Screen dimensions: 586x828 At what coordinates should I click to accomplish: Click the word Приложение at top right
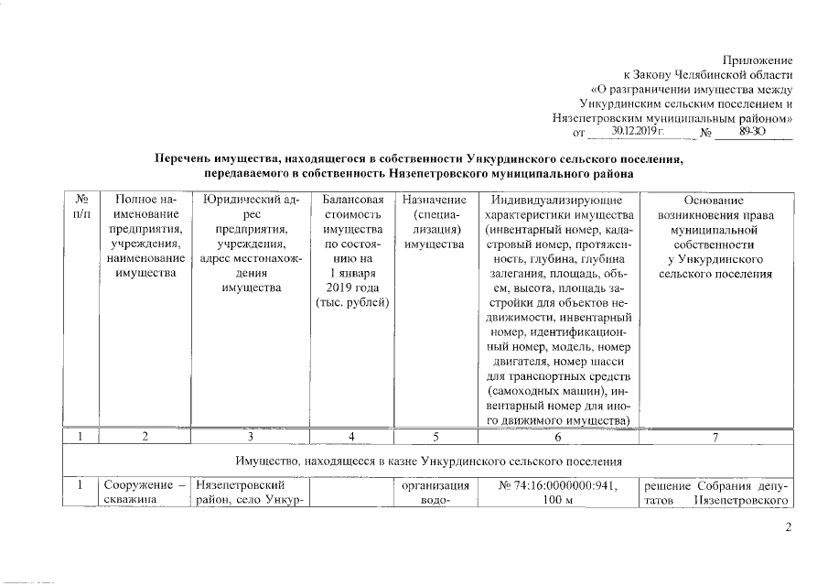tap(758, 59)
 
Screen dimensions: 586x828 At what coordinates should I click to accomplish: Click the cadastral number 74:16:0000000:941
tap(556, 485)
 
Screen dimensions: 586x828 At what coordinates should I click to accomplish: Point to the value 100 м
tap(556, 500)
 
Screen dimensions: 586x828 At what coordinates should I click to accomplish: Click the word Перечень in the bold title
tap(188, 159)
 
